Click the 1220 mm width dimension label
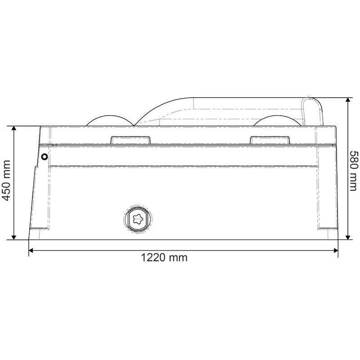pos(164,257)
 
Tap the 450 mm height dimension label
pos(6,180)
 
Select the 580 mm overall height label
pos(353,171)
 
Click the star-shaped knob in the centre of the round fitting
pos(138,219)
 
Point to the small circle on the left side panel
pos(44,157)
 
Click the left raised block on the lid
pos(130,140)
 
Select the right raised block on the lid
pos(270,140)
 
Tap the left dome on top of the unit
pos(110,121)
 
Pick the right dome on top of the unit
pos(277,121)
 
